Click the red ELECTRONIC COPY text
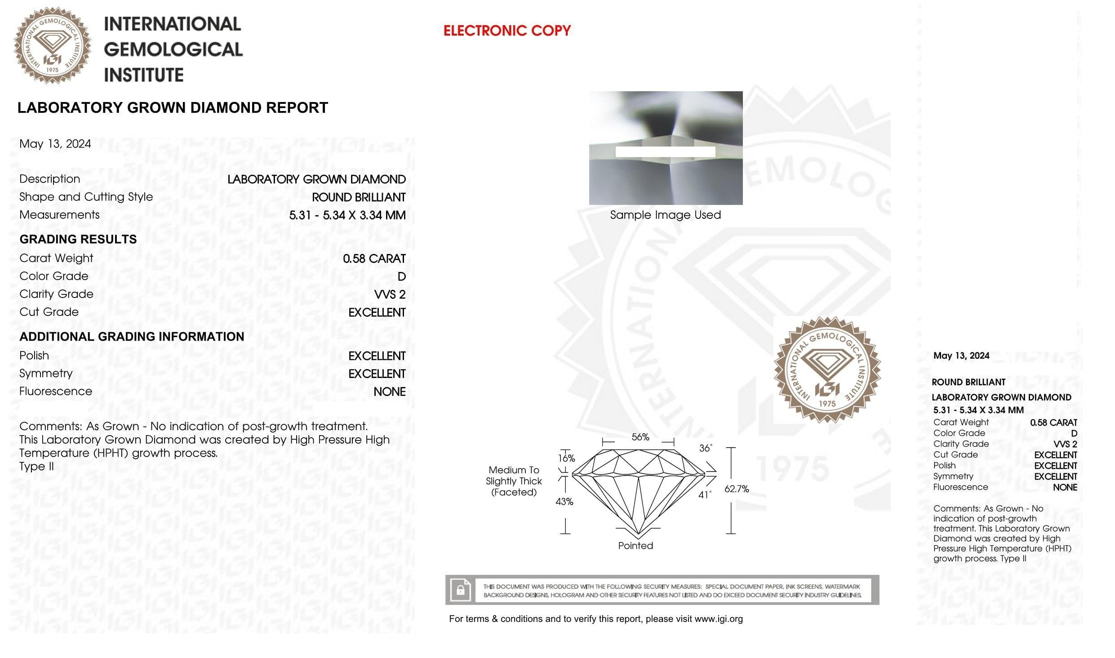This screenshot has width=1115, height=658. (506, 31)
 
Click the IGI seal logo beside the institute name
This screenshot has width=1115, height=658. (52, 45)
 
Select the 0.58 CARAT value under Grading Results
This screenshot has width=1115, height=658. (374, 259)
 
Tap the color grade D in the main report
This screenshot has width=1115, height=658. (401, 277)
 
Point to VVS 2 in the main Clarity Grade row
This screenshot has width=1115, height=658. (390, 295)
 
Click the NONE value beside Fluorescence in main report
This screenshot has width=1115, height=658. (389, 392)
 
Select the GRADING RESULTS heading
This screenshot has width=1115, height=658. (78, 239)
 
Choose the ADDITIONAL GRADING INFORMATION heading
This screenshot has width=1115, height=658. (132, 337)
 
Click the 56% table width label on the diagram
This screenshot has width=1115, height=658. (640, 437)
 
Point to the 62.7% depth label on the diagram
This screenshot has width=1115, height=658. (737, 489)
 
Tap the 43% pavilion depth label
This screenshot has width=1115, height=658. (564, 502)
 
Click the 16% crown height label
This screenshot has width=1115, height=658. (566, 458)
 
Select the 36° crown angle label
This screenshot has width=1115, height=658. (705, 448)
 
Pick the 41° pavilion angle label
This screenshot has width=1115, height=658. (704, 495)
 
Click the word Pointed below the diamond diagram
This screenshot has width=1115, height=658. (635, 546)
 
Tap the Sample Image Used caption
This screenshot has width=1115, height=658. (665, 215)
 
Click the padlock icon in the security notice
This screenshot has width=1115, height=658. (460, 590)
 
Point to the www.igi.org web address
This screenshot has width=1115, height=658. (718, 619)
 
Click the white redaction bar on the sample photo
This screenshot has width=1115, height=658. (665, 152)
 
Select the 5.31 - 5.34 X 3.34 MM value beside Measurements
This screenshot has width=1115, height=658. (347, 215)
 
